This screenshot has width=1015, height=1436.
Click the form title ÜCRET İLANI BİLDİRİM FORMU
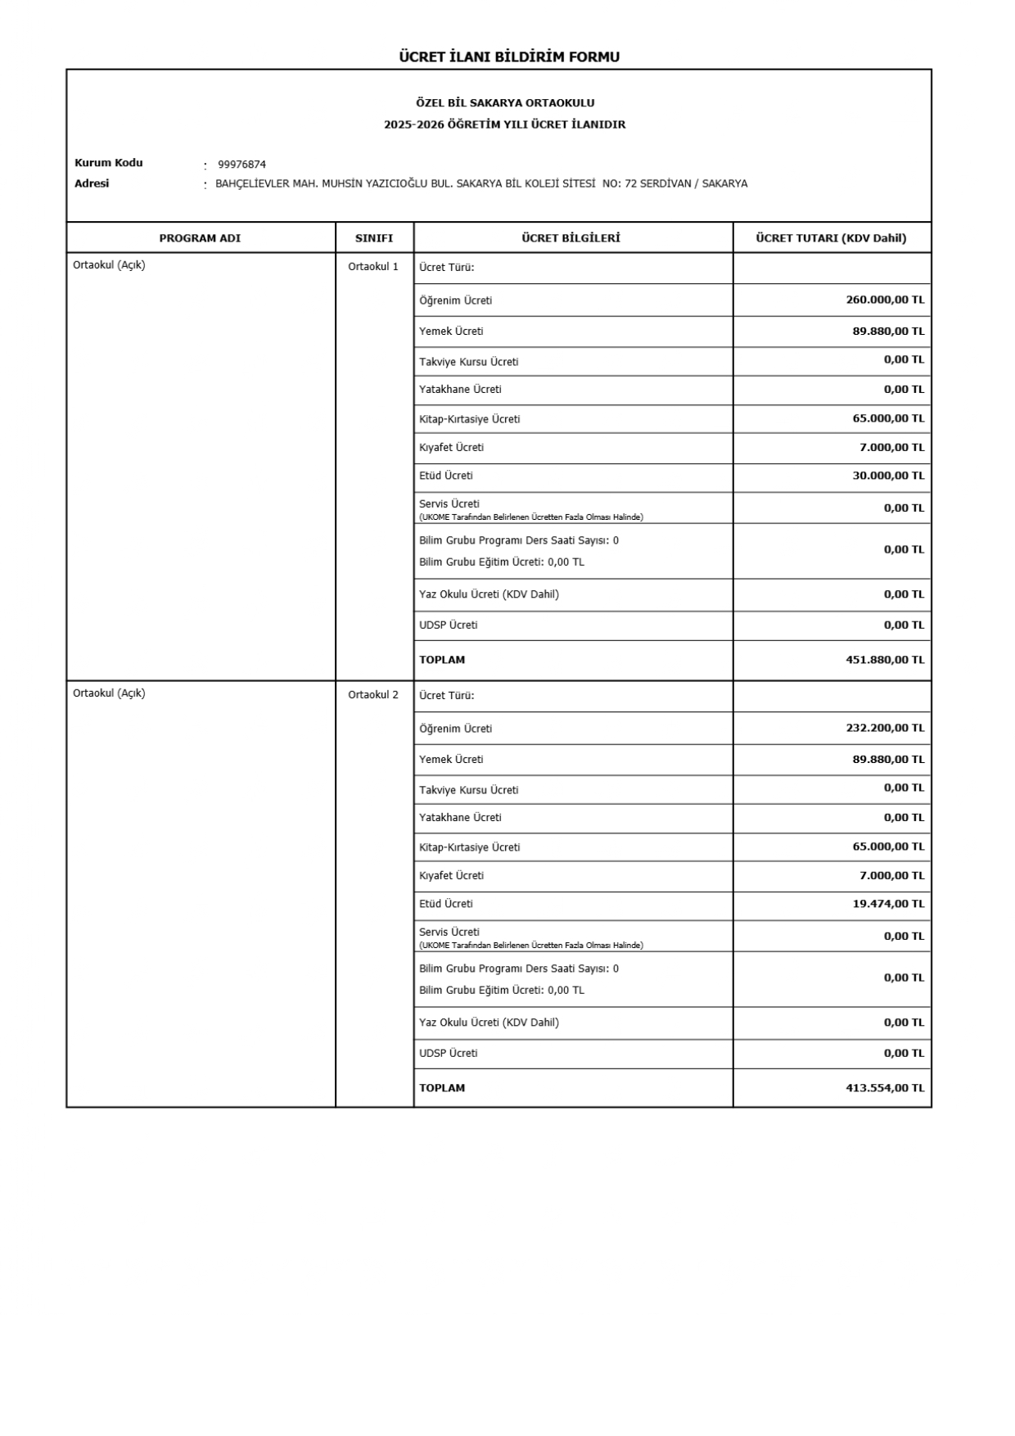(x=508, y=56)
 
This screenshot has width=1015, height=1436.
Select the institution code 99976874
(x=241, y=165)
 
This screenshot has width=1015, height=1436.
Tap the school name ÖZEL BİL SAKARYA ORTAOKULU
(x=505, y=103)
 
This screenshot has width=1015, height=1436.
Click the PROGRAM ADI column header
(x=200, y=238)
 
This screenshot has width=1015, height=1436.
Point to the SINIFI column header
(x=374, y=238)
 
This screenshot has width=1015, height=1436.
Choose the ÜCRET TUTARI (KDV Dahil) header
(x=831, y=238)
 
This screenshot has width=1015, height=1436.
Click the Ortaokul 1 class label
(x=373, y=267)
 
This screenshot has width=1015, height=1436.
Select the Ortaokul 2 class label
(x=373, y=695)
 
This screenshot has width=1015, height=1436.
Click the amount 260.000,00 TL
(x=885, y=300)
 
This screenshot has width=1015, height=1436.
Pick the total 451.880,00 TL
(x=885, y=660)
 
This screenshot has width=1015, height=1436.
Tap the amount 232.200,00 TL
(x=885, y=728)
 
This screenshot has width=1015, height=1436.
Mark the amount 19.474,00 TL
(x=888, y=904)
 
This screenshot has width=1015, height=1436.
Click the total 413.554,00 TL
(x=885, y=1088)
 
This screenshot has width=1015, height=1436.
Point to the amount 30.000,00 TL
(x=888, y=476)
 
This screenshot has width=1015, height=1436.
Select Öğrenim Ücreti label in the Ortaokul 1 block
(x=456, y=300)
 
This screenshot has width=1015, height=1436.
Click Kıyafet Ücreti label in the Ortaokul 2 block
(x=451, y=876)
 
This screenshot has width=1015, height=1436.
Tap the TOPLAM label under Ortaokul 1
(x=442, y=660)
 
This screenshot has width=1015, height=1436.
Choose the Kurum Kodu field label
(x=109, y=163)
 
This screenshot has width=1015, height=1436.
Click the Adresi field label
(x=92, y=183)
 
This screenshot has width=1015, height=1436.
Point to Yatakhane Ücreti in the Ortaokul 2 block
(x=460, y=818)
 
